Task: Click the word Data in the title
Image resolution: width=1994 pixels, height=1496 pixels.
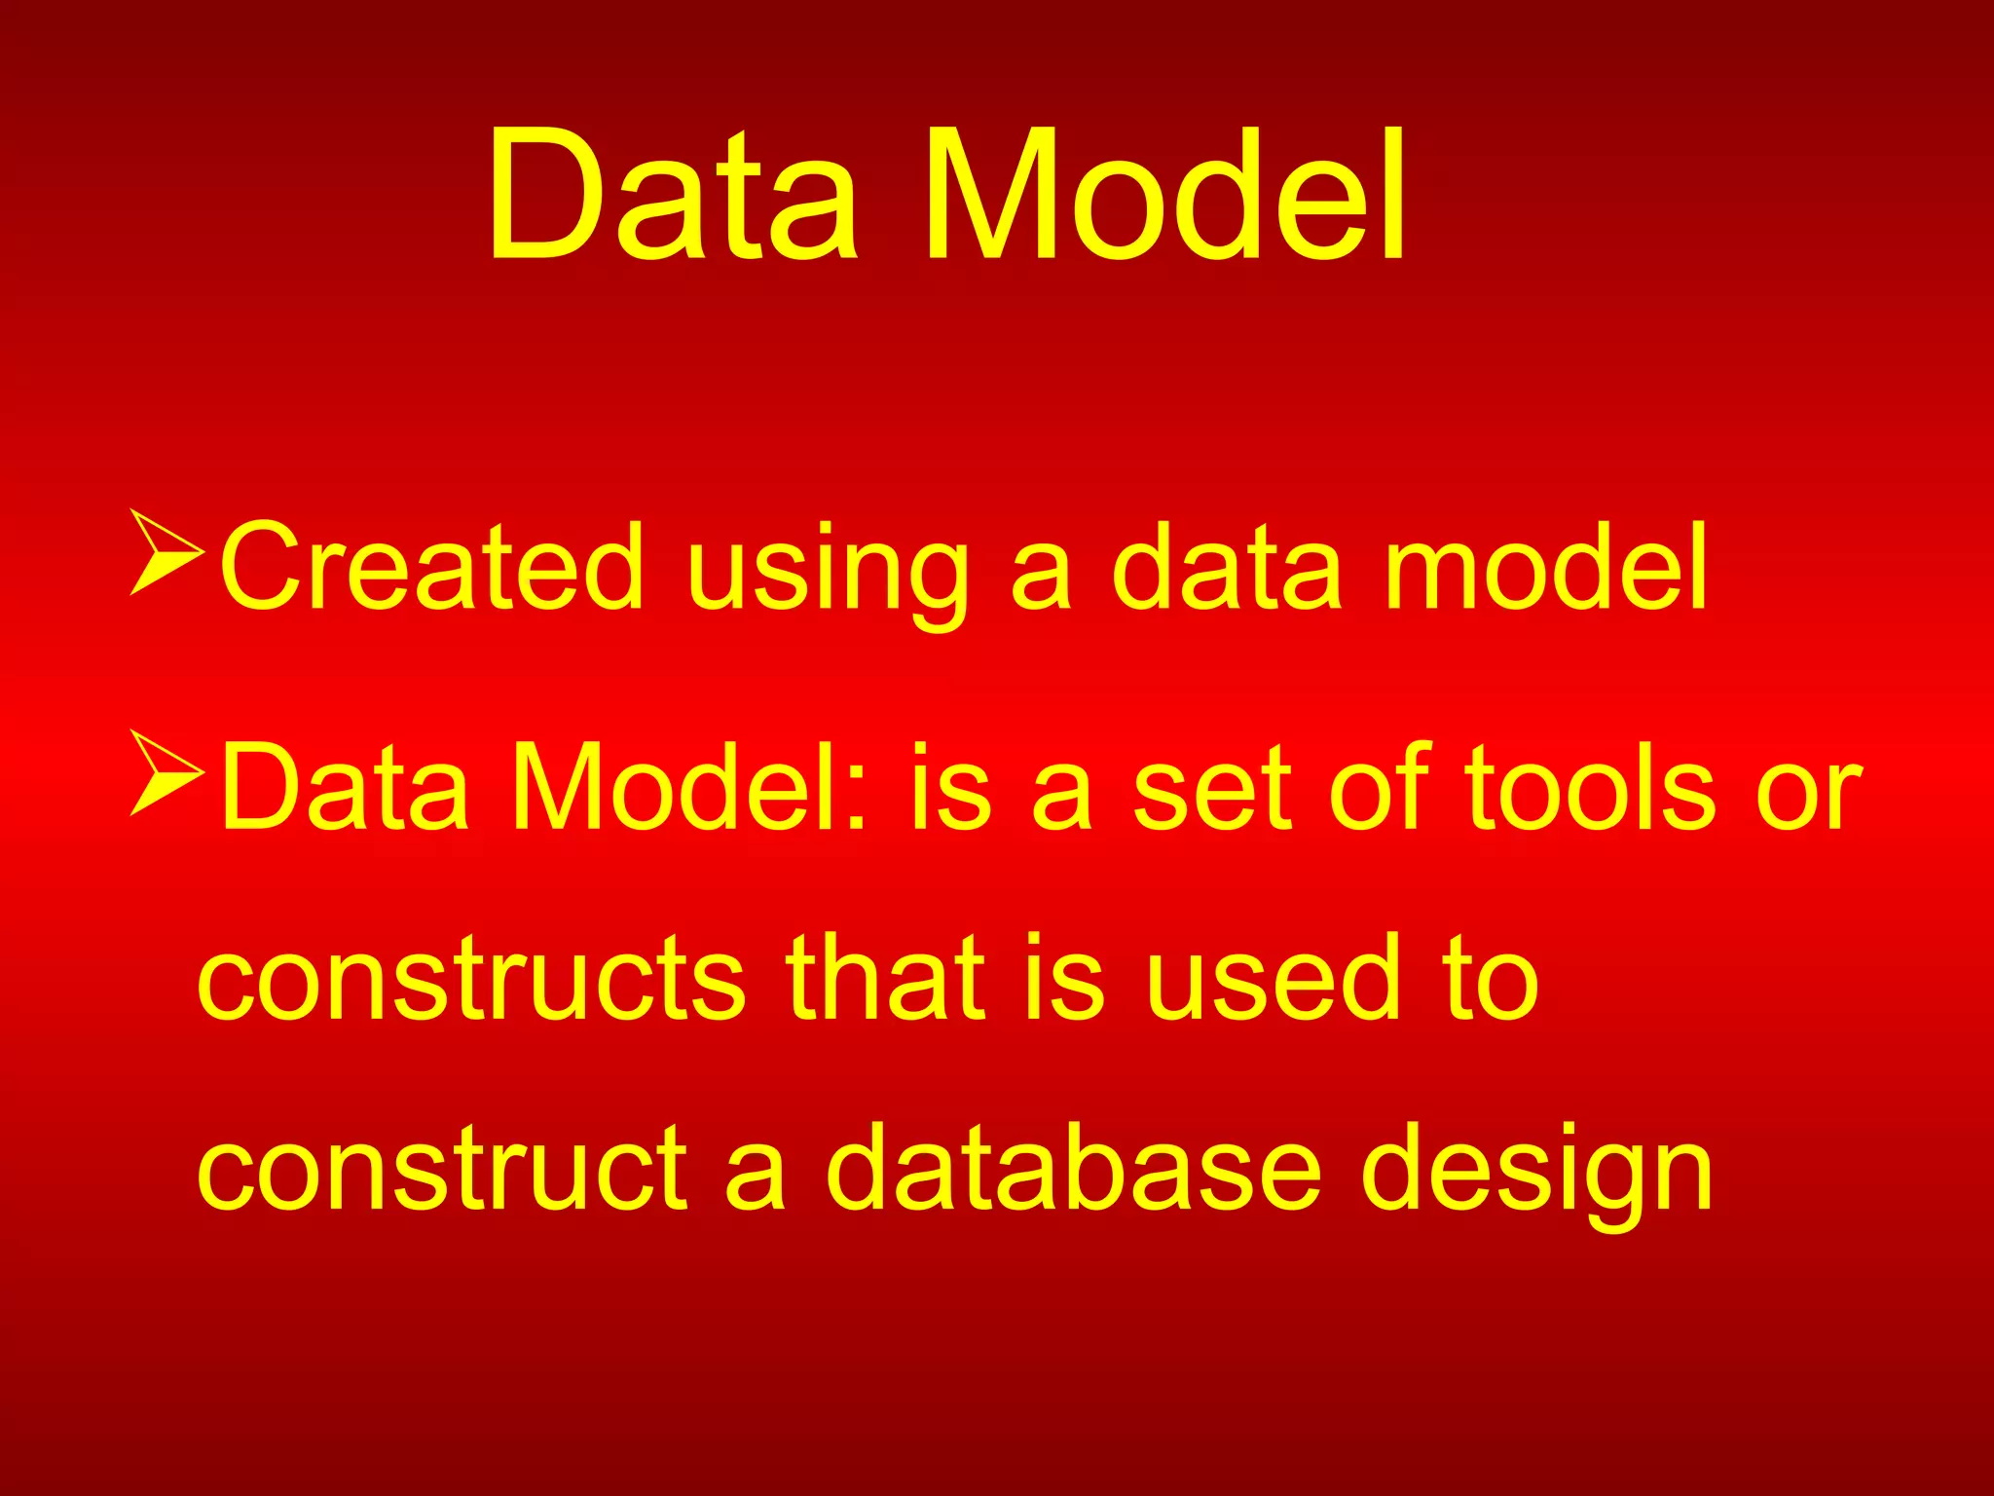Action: (x=672, y=195)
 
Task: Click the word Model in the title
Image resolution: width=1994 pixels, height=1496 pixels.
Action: (x=1163, y=195)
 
